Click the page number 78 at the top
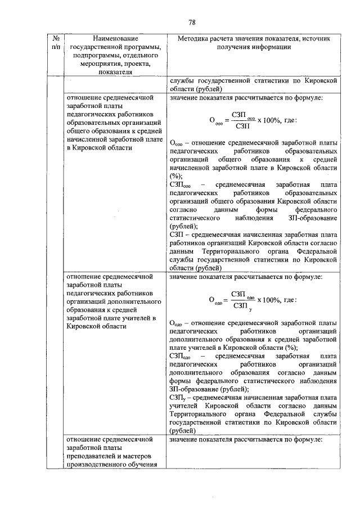point(191,22)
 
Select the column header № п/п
point(56,44)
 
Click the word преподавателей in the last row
point(90,456)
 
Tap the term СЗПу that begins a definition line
point(176,397)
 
